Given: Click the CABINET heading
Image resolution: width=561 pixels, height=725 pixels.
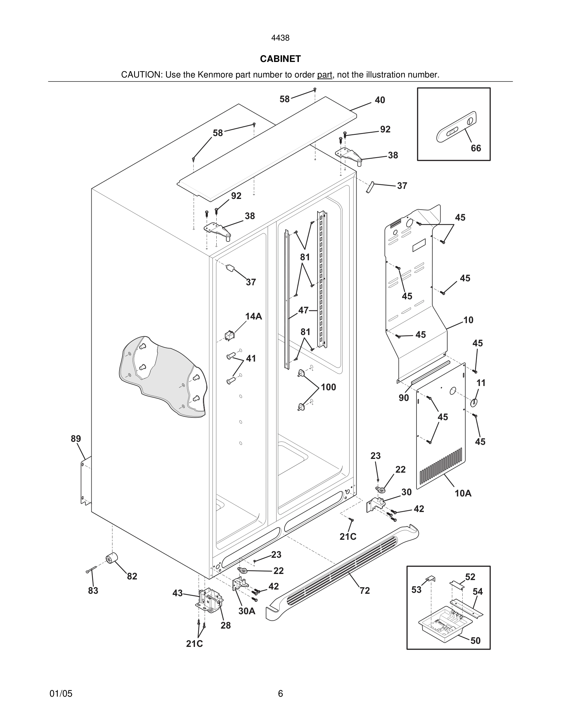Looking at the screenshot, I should [x=280, y=59].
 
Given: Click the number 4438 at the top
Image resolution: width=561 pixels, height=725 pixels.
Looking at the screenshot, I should [x=280, y=38].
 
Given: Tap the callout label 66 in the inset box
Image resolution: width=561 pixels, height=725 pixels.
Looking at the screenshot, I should [x=475, y=148].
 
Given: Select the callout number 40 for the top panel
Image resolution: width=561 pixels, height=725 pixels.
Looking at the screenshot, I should [x=380, y=100].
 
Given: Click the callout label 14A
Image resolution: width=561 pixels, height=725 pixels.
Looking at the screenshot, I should [x=254, y=316].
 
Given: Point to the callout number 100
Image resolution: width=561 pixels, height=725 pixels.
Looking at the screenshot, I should [x=328, y=387].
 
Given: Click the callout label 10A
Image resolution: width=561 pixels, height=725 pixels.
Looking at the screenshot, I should [x=463, y=493].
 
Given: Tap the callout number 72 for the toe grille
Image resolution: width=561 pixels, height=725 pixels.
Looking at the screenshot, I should [x=365, y=590].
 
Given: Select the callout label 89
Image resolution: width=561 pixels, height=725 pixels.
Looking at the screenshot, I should [x=76, y=438].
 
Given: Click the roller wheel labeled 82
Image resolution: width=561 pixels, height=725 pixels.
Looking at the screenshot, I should [x=112, y=559].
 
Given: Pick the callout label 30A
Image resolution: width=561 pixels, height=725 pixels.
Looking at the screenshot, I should [x=247, y=611].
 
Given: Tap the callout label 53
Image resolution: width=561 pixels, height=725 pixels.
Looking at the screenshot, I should [x=416, y=590].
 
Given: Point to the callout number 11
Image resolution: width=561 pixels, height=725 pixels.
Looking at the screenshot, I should [x=481, y=383].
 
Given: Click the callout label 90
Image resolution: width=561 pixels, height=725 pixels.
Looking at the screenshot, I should [x=404, y=398].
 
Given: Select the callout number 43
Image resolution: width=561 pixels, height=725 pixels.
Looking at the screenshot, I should [x=178, y=593].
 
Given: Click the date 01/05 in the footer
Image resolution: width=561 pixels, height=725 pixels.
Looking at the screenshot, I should [x=61, y=694].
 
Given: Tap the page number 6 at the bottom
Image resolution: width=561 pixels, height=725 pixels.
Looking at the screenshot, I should [x=280, y=694].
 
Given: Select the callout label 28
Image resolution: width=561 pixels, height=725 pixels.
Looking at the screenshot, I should [x=226, y=626].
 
